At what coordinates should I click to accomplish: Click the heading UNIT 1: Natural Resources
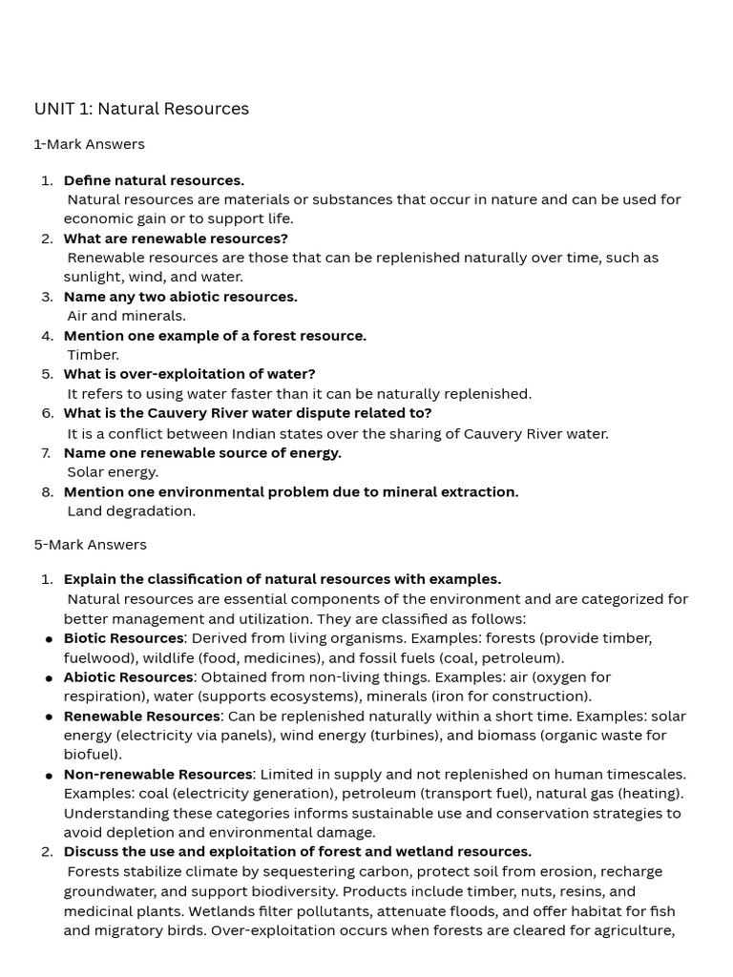[x=141, y=109]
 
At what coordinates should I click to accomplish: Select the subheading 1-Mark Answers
[x=89, y=144]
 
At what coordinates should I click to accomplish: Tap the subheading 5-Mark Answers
[x=90, y=545]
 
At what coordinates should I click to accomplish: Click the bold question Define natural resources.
[x=154, y=180]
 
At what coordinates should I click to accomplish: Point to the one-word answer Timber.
[x=93, y=355]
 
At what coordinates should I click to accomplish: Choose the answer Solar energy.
[x=113, y=471]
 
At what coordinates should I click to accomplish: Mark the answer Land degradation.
[x=131, y=510]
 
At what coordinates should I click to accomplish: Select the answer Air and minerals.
[x=126, y=316]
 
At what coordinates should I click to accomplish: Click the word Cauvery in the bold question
[x=178, y=413]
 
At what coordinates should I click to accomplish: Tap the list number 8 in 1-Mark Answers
[x=48, y=492]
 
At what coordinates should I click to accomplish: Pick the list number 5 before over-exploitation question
[x=48, y=374]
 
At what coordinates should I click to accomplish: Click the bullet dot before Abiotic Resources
[x=49, y=678]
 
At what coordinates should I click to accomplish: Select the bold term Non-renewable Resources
[x=157, y=774]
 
